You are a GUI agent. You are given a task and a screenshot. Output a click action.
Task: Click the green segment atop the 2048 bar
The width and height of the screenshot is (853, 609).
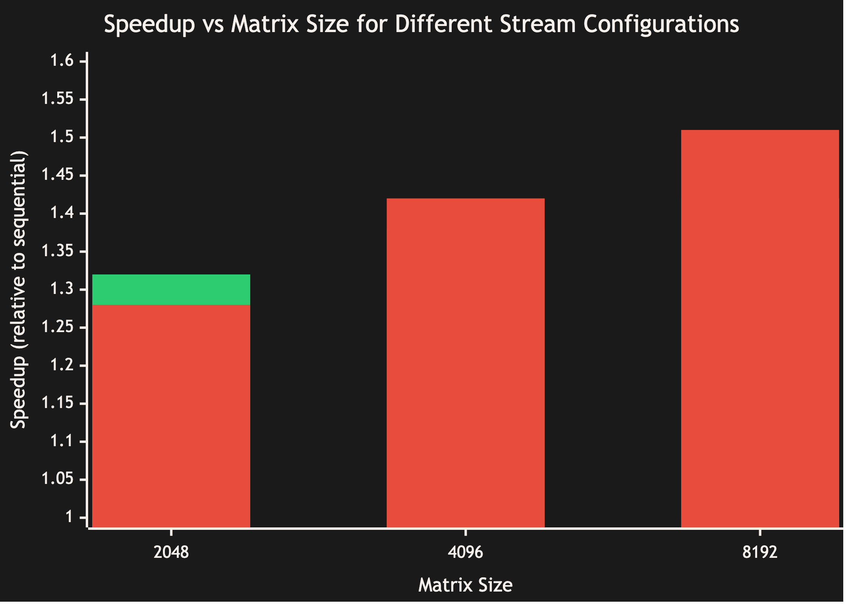[171, 289]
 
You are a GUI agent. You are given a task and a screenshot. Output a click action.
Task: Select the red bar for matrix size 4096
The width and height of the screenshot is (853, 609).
[465, 363]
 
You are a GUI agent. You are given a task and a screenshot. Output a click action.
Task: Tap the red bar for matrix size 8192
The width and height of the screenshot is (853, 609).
[760, 329]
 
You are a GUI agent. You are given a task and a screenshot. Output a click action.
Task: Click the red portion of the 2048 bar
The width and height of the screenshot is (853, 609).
[171, 416]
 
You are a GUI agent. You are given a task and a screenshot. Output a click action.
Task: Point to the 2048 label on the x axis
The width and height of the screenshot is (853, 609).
[171, 552]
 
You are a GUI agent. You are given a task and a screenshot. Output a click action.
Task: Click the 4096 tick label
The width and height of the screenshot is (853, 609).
[465, 552]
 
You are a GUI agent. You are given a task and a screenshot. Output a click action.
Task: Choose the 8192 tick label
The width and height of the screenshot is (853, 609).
[760, 552]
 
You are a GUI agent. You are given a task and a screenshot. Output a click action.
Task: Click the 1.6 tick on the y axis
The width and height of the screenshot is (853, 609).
[62, 61]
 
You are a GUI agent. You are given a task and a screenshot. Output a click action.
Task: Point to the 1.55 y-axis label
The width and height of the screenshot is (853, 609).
[58, 99]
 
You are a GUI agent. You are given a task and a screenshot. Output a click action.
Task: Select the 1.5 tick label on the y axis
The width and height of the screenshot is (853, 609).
[62, 137]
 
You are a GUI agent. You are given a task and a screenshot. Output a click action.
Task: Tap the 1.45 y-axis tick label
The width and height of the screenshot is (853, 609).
[58, 175]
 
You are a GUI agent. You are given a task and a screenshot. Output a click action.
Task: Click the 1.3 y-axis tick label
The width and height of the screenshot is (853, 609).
[62, 289]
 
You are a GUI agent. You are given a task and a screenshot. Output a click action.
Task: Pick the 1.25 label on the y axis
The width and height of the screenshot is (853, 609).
[58, 327]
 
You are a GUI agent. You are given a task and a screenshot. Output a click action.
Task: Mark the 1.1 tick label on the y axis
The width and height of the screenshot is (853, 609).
[62, 441]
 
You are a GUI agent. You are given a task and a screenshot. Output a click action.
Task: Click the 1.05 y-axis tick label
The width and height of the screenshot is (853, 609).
[58, 479]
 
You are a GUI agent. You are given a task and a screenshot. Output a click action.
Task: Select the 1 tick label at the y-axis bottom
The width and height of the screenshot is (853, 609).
[69, 517]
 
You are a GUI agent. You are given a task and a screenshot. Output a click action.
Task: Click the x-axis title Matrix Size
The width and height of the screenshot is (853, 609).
[465, 585]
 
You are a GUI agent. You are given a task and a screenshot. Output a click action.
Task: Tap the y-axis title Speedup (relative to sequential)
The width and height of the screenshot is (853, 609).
[18, 289]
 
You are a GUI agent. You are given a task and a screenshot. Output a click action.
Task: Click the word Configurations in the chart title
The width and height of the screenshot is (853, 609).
[661, 24]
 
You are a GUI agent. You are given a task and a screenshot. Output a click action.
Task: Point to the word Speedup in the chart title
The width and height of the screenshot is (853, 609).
[149, 24]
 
